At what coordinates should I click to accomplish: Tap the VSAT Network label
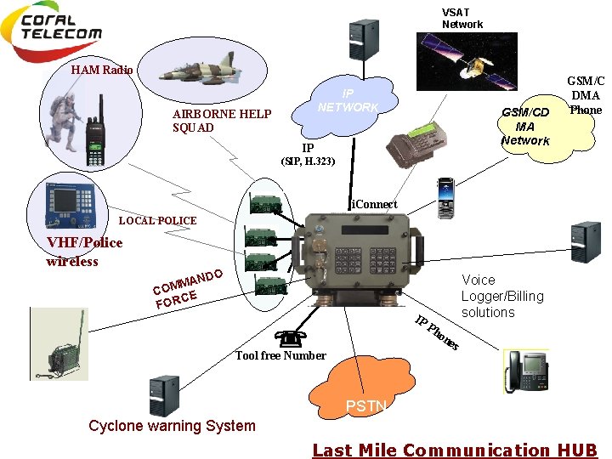[x=462, y=18]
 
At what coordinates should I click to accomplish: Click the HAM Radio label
[x=101, y=70]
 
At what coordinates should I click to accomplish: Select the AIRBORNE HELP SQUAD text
[x=222, y=121]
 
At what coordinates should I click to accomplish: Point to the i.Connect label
[x=374, y=204]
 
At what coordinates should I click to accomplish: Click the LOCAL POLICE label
[x=157, y=221]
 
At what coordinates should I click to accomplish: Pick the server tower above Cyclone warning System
[x=163, y=395]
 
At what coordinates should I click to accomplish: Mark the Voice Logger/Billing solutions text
[x=501, y=296]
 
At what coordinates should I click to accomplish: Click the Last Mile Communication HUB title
[x=455, y=450]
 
